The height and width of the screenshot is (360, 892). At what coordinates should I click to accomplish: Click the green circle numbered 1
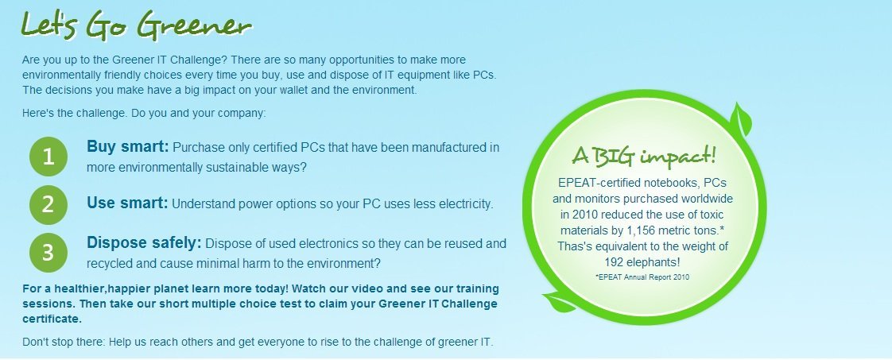point(48,157)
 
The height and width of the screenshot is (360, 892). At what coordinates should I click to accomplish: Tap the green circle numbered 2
point(48,204)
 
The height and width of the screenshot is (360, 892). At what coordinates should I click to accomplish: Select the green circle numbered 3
point(48,252)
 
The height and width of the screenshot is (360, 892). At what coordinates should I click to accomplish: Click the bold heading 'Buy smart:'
point(128,147)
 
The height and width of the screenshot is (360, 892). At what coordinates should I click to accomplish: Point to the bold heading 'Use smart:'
point(127,203)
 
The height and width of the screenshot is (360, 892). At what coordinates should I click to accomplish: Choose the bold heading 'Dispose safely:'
point(144,243)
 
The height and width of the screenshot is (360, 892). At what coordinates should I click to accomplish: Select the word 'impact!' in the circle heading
point(678,155)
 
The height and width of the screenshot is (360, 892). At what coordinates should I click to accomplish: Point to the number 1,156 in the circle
point(642,231)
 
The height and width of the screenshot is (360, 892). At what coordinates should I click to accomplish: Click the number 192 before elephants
point(615,263)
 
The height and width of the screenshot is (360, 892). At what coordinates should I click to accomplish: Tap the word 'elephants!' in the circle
point(654,263)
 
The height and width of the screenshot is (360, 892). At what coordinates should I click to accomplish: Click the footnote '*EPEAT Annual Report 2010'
point(642,277)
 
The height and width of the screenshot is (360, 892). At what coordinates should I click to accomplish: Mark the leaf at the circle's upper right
point(741,119)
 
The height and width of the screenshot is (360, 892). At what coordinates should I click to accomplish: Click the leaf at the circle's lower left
point(560,302)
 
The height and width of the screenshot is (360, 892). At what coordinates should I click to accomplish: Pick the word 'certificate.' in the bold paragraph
point(52,319)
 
